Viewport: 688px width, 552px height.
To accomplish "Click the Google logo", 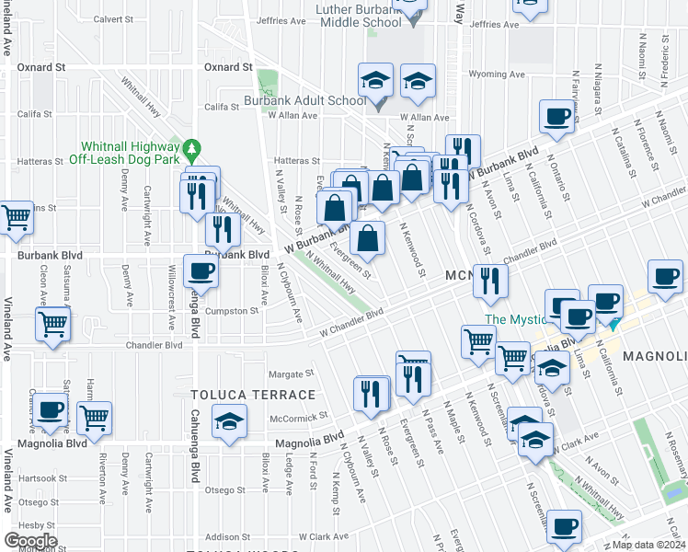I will pyautogui.click(x=30, y=540).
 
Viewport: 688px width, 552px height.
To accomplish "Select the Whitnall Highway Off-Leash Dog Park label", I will pyautogui.click(x=130, y=153).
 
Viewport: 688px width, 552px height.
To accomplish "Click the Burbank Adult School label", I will pyautogui.click(x=304, y=100).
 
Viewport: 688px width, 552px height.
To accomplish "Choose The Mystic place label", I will pyautogui.click(x=516, y=319).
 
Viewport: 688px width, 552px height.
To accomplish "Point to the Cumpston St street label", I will pyautogui.click(x=231, y=311).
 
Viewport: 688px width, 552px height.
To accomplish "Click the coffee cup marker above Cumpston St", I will pyautogui.click(x=201, y=270).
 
